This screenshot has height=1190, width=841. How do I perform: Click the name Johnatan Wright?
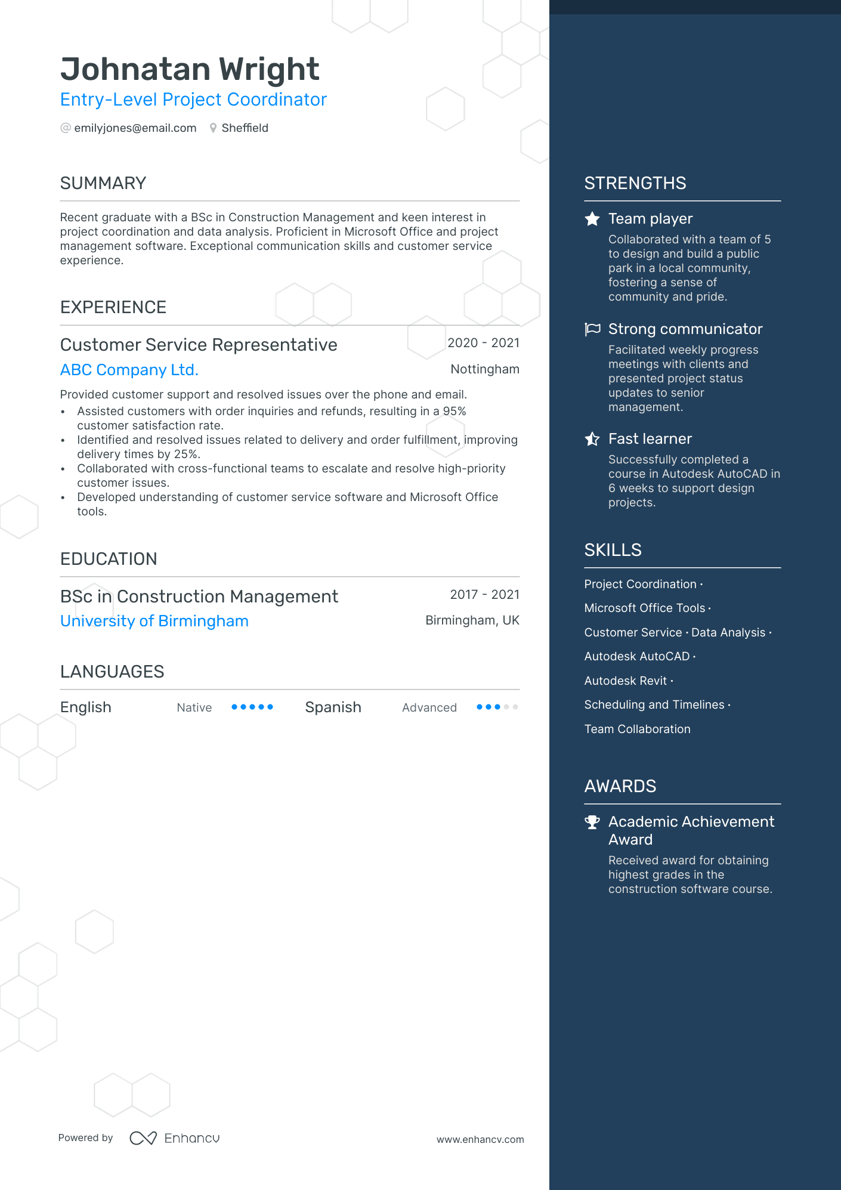point(190,69)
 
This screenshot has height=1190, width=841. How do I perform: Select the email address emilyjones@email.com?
point(135,128)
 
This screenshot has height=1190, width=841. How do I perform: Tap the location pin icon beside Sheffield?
point(213,128)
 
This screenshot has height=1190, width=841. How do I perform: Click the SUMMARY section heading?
point(103,183)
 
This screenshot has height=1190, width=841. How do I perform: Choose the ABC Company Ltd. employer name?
point(129,370)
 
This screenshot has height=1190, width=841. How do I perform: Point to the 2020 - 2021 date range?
point(483,343)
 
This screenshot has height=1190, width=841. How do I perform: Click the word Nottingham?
point(484,369)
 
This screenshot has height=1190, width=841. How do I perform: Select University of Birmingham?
point(154,621)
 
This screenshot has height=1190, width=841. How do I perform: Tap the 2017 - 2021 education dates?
point(484,595)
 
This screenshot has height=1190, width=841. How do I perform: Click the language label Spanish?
point(333,707)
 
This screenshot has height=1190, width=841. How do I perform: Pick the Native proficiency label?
point(194,708)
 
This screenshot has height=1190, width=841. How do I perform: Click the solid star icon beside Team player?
point(592,219)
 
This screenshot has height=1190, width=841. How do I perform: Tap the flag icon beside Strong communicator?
point(592,329)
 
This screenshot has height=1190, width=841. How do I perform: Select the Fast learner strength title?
point(650,439)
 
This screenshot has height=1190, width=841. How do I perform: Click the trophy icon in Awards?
point(592,823)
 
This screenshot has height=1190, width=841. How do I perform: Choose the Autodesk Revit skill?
point(625,681)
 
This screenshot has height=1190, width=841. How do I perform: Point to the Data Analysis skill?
point(728,633)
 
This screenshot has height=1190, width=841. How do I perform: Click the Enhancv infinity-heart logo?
point(143,1138)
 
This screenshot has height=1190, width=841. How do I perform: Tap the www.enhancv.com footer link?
point(480,1139)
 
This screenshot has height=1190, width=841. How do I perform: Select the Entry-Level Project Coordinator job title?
point(193,100)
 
